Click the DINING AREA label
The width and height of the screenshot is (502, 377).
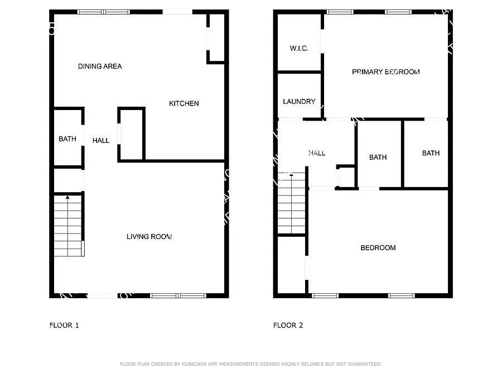tap(100, 66)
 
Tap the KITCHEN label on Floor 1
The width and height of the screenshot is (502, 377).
tap(184, 103)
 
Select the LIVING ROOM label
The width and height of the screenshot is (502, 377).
tap(149, 237)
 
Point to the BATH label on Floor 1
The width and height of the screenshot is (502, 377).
tap(67, 139)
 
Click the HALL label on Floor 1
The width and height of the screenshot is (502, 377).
tap(101, 141)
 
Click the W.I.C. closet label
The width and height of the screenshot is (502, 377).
tap(299, 49)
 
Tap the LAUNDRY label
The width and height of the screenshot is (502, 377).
tap(299, 102)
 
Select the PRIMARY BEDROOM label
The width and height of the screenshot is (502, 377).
tap(385, 71)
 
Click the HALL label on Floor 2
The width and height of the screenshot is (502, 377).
tap(317, 153)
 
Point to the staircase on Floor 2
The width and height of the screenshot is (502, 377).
tap(292, 204)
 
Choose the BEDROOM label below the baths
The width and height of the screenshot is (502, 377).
tap(378, 248)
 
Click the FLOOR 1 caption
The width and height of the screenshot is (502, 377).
tap(64, 325)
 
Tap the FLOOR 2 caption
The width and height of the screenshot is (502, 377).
tap(288, 325)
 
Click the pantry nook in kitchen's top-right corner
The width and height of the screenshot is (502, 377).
tap(216, 38)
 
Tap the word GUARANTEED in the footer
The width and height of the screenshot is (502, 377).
tap(363, 364)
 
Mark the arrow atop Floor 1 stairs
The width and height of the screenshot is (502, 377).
tap(68, 198)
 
